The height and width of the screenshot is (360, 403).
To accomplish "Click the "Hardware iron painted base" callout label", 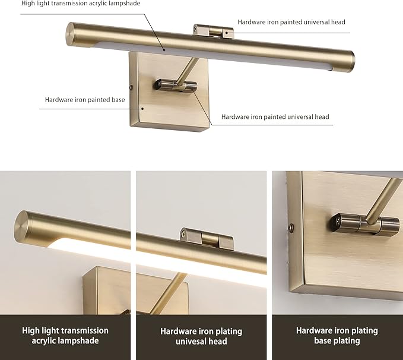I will point(85,100).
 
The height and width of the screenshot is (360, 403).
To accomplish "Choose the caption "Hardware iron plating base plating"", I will point(337,336).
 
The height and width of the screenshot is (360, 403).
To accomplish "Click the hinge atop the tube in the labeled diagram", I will point(213,31).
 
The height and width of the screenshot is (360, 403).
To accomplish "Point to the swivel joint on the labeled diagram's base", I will point(176,86).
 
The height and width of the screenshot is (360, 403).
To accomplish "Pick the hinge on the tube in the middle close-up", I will point(207,239).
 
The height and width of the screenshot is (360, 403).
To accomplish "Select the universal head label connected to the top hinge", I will point(291,22).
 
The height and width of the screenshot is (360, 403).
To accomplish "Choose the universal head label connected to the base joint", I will point(275,117).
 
